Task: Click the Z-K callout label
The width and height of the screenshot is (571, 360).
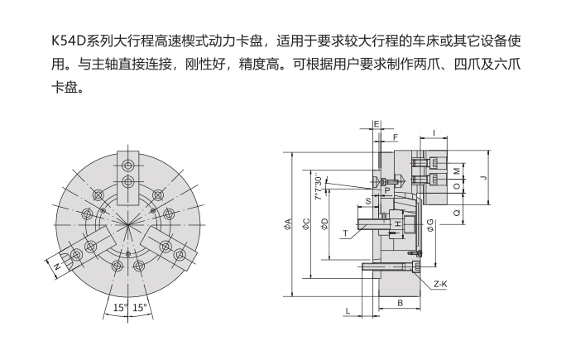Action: coord(439,284)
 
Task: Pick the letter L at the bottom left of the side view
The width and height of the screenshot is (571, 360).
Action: coord(348,310)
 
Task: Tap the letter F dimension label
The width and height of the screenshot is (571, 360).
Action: coord(395,137)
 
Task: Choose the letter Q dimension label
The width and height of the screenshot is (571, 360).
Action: coord(458,212)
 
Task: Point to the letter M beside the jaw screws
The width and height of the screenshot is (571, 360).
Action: coord(457,172)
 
